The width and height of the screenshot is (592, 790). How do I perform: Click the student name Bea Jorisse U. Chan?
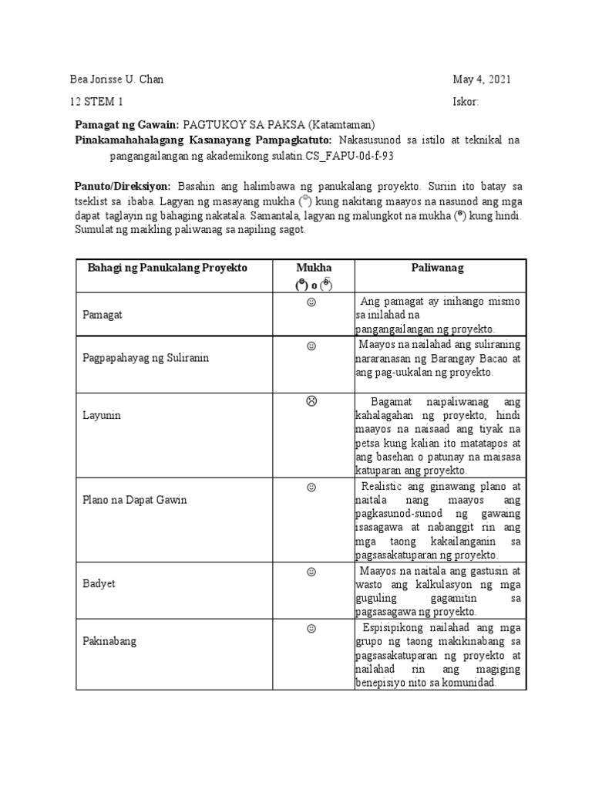tap(116, 79)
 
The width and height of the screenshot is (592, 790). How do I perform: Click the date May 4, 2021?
tap(481, 79)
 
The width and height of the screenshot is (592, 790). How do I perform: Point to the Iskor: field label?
tap(466, 102)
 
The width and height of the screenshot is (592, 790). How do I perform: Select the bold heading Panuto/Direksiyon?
tap(123, 187)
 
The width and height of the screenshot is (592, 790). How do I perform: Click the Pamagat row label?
tap(103, 315)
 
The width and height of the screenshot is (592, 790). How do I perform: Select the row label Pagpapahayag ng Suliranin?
tap(146, 358)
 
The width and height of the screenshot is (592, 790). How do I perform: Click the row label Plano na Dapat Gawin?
tap(135, 500)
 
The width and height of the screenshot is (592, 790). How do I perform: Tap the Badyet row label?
tap(99, 583)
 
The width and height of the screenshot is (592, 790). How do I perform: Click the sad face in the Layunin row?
tap(311, 401)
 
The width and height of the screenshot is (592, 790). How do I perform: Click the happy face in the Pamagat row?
tap(311, 302)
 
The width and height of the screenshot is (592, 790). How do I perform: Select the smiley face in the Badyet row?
tap(311, 572)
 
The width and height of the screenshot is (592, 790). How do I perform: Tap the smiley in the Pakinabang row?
tap(311, 629)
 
